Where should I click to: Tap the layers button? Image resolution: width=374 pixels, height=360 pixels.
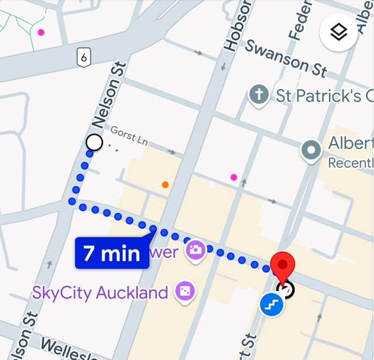coord(338,33)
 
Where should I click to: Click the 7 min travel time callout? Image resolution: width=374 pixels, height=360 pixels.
coord(112,253)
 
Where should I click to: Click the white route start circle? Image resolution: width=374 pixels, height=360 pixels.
coord(94,142)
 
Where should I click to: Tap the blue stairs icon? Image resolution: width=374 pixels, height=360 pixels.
coord(272,304)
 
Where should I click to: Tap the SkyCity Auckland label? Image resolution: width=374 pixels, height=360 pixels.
coord(101,292)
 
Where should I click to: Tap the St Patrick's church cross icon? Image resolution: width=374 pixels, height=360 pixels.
coord(258,94)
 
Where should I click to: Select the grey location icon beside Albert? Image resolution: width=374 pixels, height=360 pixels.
coord(311,150)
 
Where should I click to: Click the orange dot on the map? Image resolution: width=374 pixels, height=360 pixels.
coord(165,185)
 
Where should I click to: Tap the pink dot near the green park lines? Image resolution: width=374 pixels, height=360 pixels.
coord(40,32)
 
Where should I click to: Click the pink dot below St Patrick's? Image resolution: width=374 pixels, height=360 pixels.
coord(234,177)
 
